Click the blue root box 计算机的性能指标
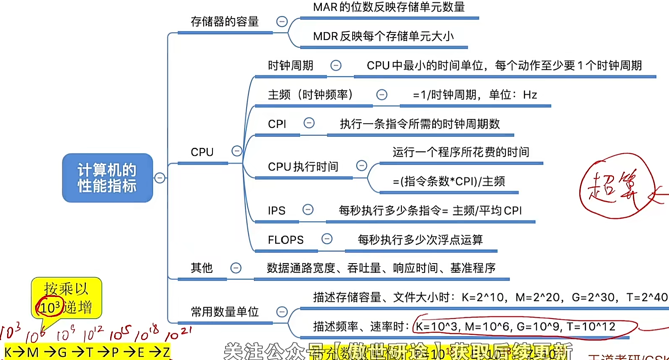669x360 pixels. point(107,178)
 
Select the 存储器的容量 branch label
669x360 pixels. point(225,21)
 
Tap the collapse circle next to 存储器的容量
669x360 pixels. point(282,21)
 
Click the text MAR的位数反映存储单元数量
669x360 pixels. point(389,7)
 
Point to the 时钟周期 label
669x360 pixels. point(290,66)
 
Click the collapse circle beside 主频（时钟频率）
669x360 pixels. point(382,94)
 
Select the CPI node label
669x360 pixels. point(277,124)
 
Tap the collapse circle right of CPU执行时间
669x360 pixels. point(361,165)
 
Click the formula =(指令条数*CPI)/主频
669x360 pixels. point(449,181)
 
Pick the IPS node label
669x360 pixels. point(276,211)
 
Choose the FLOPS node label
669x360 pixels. point(286,240)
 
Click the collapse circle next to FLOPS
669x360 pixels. point(327,239)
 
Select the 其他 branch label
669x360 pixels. point(202,268)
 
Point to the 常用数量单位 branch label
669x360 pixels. point(225,312)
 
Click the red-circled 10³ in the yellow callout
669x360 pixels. point(50,307)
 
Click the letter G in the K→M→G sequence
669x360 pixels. point(62,352)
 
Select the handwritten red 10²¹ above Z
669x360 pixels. point(178,334)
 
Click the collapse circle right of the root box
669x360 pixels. point(160,178)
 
